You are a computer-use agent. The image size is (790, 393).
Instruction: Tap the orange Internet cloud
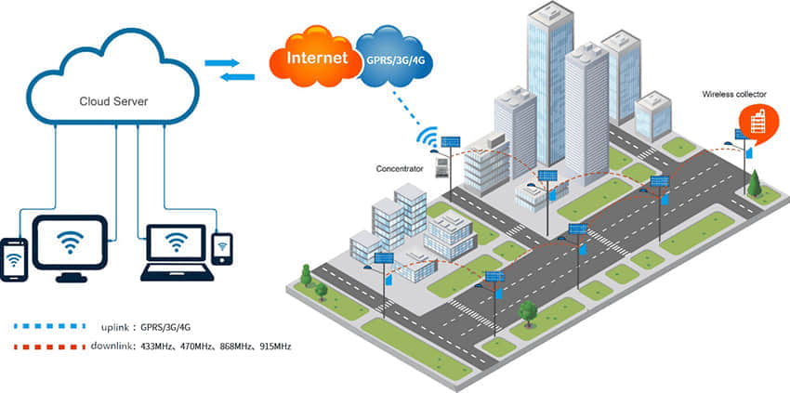tap(311, 58)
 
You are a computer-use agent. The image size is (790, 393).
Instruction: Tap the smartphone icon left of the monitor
tap(14, 259)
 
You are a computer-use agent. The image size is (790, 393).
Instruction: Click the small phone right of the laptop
tap(221, 248)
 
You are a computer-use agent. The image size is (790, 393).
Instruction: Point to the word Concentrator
tap(400, 169)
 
